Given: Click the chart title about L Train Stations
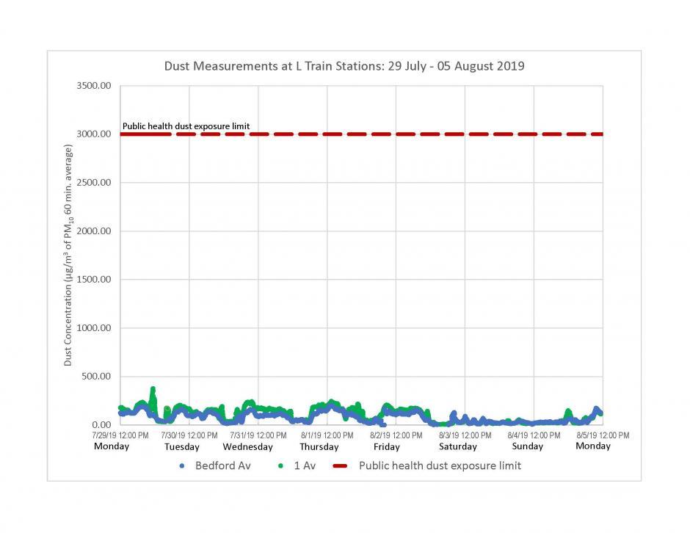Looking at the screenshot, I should click(x=344, y=66).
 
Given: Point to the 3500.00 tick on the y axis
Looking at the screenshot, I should click(x=94, y=86).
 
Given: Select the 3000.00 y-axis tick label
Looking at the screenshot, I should click(x=94, y=134).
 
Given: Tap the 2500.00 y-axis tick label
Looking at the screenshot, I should click(x=94, y=183).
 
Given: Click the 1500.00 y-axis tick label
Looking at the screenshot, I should click(x=94, y=280).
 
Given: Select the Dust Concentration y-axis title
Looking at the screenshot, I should click(x=68, y=255).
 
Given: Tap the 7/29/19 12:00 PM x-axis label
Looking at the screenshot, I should click(x=120, y=435).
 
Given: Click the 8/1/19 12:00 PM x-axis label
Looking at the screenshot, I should click(x=327, y=435).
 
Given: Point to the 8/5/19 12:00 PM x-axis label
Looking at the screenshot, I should click(x=602, y=435).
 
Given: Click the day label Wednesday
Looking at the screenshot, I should click(x=247, y=446).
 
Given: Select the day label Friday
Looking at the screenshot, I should click(x=386, y=446).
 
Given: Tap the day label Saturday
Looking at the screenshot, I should click(x=458, y=446).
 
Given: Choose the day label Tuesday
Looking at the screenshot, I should click(x=181, y=446).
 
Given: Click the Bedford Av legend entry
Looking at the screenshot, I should click(x=216, y=465).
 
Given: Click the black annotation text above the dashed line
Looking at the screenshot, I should click(x=186, y=126).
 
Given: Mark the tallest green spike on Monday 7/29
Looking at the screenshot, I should click(x=153, y=389).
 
